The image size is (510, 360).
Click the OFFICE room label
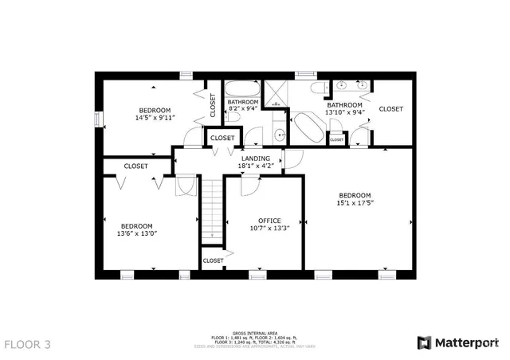pyautogui.click(x=269, y=220)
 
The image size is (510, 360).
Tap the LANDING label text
pyautogui.click(x=257, y=158)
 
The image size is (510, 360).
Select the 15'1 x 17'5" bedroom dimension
pyautogui.click(x=355, y=203)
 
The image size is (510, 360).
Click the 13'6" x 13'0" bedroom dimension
pyautogui.click(x=137, y=233)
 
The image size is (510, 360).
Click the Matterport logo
pyautogui.click(x=459, y=342)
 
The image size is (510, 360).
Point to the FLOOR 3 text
pyautogui.click(x=28, y=345)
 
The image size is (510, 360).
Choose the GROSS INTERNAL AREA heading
pyautogui.click(x=254, y=333)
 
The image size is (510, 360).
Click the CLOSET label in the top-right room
pyautogui.click(x=390, y=108)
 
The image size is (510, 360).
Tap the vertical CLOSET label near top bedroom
pyautogui.click(x=213, y=105)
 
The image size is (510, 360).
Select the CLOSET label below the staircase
pyautogui.click(x=213, y=260)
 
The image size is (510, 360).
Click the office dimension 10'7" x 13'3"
pyautogui.click(x=269, y=228)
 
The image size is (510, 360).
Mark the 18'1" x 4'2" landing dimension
pyautogui.click(x=257, y=166)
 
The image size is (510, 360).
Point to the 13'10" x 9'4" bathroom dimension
pyautogui.click(x=344, y=112)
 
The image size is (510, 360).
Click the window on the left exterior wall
pyautogui.click(x=100, y=119)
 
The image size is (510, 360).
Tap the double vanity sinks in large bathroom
pyautogui.click(x=351, y=84)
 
